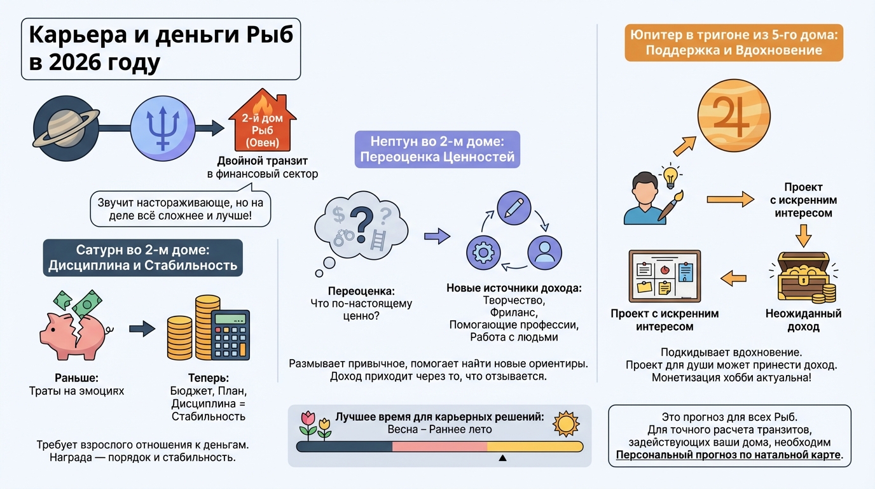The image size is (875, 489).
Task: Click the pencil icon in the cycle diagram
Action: (x=514, y=207)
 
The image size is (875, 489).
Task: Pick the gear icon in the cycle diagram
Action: (x=483, y=253)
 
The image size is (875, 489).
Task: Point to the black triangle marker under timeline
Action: (x=502, y=457)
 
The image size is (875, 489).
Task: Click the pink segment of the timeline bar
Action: (x=439, y=446)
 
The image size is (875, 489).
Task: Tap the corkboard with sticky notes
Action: (x=664, y=276)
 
